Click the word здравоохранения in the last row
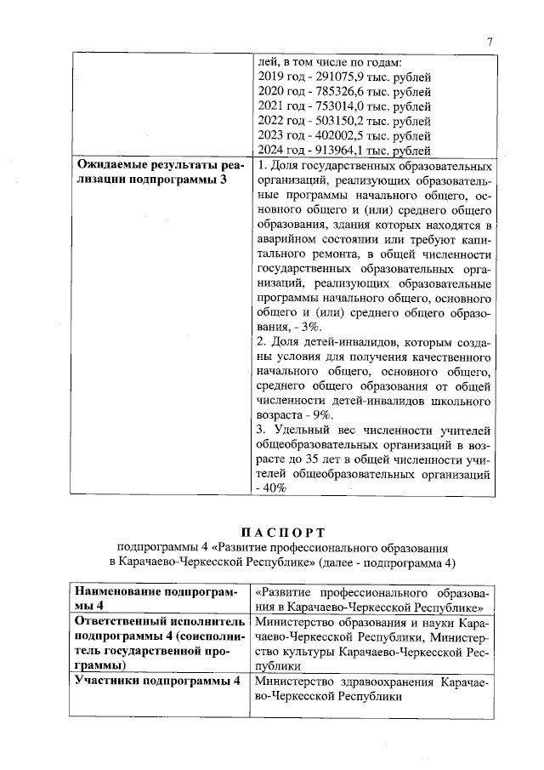[382, 682]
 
